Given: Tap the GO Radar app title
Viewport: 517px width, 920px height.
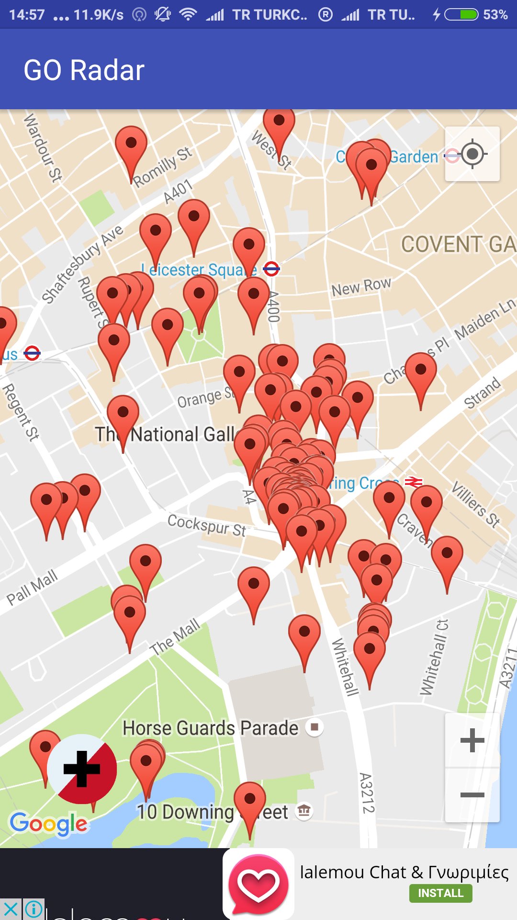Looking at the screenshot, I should tap(84, 70).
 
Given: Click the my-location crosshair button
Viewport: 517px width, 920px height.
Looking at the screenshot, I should tap(472, 154).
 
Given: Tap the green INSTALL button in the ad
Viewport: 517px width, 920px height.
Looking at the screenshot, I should tap(440, 893).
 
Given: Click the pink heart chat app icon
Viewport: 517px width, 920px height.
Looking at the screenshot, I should tap(258, 884).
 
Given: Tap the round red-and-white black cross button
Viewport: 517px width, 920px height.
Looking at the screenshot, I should tap(82, 769).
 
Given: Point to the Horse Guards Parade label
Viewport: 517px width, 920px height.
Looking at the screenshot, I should tap(210, 728).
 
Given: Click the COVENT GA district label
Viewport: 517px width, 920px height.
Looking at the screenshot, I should tap(458, 244).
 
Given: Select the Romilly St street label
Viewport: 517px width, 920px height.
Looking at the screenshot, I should tap(162, 167).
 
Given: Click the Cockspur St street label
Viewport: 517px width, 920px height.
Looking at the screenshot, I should tap(207, 525).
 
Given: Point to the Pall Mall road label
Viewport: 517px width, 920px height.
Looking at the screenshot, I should tap(32, 587).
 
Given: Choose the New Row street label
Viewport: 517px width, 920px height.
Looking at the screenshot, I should tap(361, 287).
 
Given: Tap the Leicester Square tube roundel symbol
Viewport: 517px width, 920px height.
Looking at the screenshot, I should tap(271, 269).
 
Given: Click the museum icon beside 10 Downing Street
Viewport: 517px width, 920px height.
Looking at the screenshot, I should tap(304, 811).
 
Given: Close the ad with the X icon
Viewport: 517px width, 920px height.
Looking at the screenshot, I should tap(11, 909).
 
